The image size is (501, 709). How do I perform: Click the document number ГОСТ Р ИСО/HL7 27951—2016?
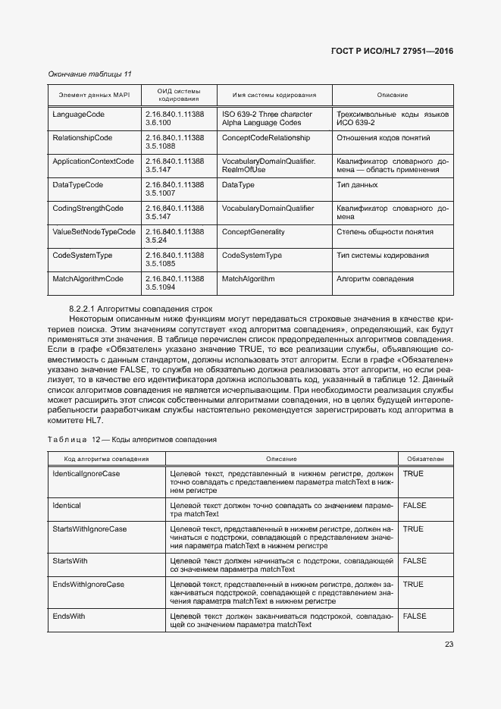392,52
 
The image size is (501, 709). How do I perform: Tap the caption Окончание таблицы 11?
89,74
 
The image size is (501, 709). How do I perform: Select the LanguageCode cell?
79,115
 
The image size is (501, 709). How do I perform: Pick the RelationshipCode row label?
83,138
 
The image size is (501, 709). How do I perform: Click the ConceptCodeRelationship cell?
266,138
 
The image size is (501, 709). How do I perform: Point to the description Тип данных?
356,185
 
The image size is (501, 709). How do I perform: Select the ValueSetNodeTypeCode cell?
94,232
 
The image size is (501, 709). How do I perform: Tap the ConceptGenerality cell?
253,232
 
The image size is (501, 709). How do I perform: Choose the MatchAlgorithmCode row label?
88,279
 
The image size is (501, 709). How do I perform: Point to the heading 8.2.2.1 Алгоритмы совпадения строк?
140,309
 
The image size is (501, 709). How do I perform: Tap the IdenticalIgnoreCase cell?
86,473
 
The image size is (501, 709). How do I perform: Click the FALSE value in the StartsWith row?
415,560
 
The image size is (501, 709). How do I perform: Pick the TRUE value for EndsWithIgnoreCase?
413,585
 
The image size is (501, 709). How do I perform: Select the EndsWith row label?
69,616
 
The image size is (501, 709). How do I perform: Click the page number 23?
449,645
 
